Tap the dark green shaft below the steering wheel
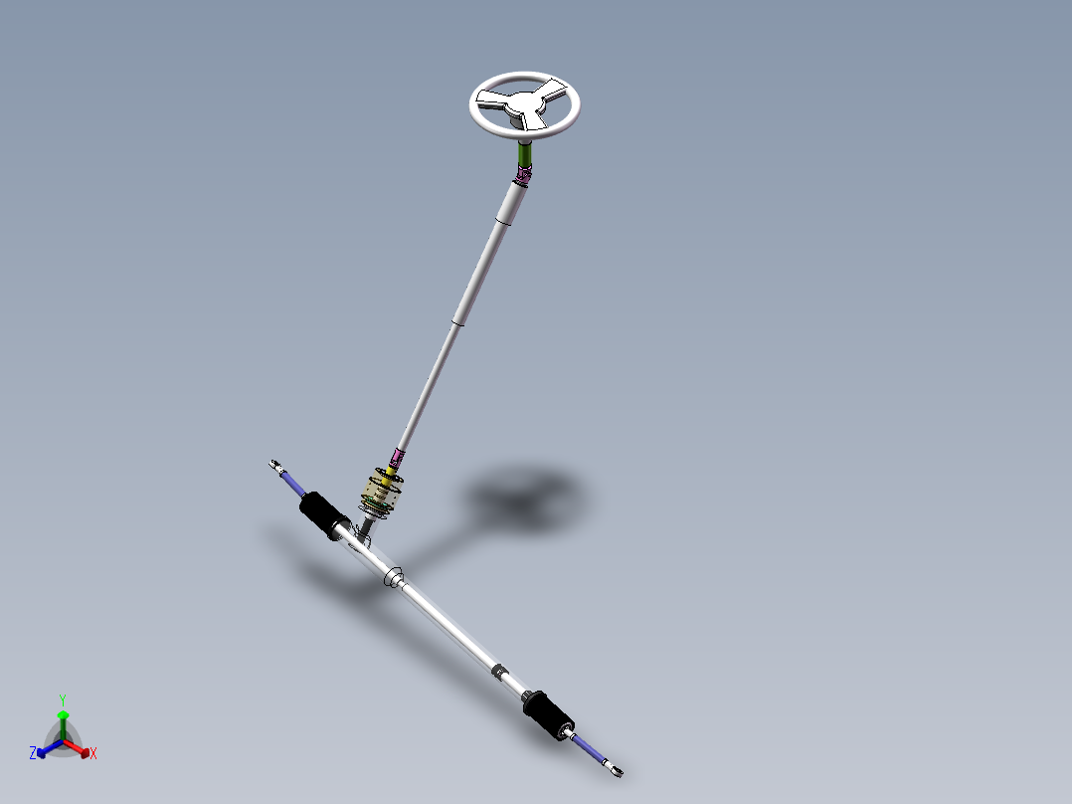coord(525,155)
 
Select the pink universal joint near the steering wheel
coord(523,177)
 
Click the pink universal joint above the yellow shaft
coord(398,458)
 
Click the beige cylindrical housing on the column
coord(382,492)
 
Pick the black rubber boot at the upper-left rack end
coord(322,511)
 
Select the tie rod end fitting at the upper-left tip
coord(276,465)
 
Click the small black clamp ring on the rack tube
coord(499,674)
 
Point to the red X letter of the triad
coord(93,754)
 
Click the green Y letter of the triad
coord(62,700)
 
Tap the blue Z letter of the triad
coord(33,753)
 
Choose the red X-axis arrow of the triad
coord(80,748)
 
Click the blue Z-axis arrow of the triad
coord(46,748)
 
